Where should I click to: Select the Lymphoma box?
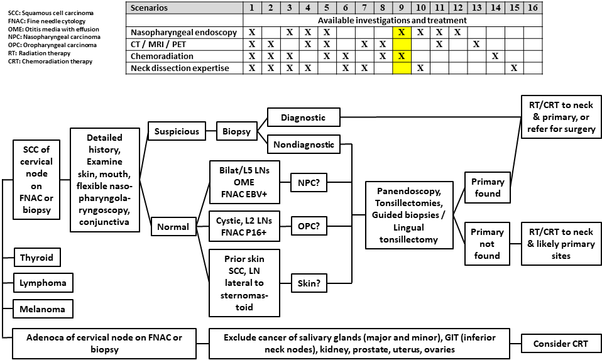click(43, 283)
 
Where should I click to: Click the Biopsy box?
click(235, 132)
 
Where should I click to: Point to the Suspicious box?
click(177, 132)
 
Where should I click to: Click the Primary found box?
click(487, 187)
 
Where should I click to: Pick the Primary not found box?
click(487, 243)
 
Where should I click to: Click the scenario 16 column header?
click(533, 8)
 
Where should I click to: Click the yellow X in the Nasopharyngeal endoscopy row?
click(402, 32)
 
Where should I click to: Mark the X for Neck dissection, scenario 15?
click(514, 68)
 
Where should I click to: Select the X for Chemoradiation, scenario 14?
click(495, 56)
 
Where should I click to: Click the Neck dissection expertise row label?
click(180, 68)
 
